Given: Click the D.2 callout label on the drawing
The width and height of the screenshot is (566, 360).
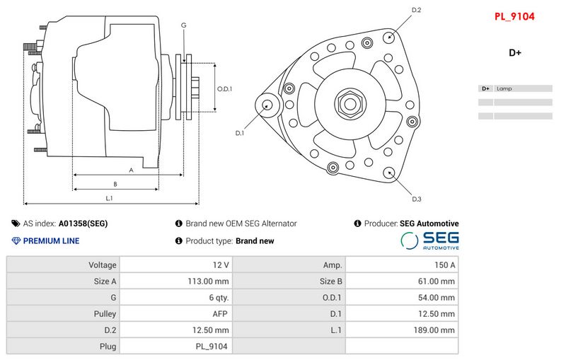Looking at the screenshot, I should (417, 10).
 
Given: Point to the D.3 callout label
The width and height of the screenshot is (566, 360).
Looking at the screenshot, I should (417, 198).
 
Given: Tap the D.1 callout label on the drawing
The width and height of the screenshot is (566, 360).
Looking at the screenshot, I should (240, 133).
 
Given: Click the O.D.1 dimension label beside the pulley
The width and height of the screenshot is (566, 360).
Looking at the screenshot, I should (224, 89).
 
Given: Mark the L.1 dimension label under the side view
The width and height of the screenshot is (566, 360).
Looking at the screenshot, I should (110, 198).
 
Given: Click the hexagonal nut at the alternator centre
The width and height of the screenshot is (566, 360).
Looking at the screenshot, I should (350, 103).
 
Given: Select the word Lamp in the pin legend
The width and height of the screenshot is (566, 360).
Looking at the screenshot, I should (504, 89).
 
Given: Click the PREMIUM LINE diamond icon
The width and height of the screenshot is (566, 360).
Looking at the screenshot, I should (16, 241).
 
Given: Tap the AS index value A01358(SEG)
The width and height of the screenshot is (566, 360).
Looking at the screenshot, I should (83, 223).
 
